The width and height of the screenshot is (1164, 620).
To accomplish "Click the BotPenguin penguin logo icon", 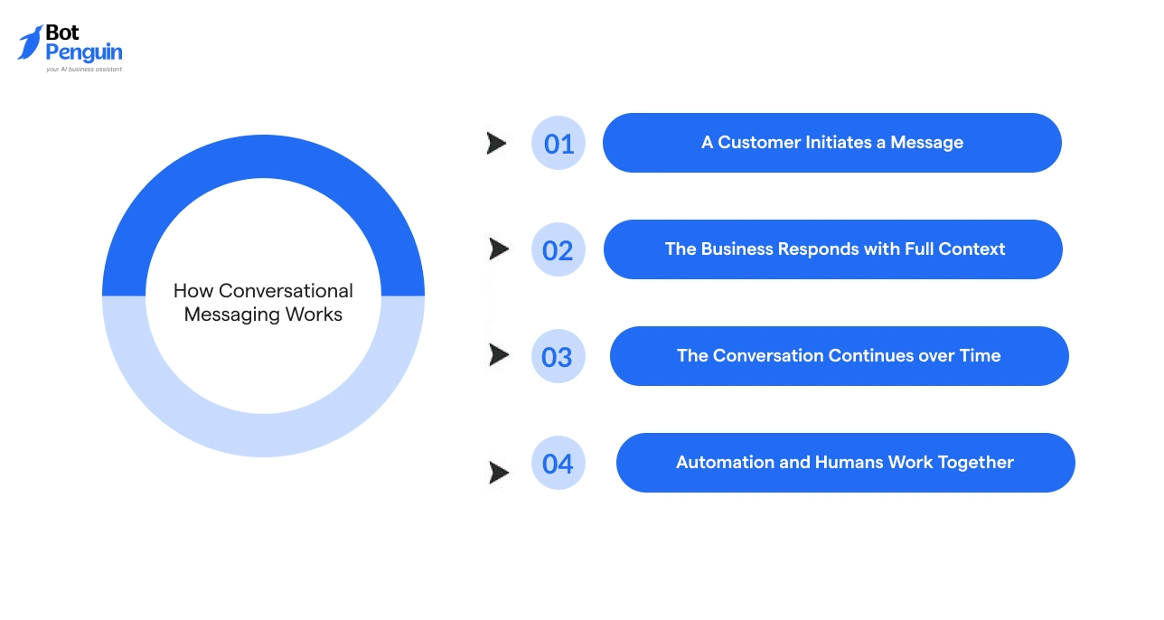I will [x=30, y=42].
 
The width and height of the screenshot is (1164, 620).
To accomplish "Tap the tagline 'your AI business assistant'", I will [x=84, y=69].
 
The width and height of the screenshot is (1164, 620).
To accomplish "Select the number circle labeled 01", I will [x=559, y=144].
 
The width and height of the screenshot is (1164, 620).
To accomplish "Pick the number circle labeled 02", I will [x=559, y=250].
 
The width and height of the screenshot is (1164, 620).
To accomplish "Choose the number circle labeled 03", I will [x=558, y=357].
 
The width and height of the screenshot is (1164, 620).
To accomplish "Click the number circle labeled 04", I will [x=559, y=464].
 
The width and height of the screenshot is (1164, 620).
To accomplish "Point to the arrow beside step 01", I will [x=496, y=143].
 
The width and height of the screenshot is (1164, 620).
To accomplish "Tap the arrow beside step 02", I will [x=498, y=249].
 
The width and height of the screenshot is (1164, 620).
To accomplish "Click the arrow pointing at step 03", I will [x=498, y=355].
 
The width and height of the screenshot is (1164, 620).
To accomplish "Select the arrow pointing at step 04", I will [x=498, y=472].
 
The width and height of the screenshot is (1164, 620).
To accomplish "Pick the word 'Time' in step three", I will [x=980, y=356].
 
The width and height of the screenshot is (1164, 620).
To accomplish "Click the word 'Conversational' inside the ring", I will [x=286, y=291].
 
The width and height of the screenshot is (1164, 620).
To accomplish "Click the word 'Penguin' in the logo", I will [x=84, y=52].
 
